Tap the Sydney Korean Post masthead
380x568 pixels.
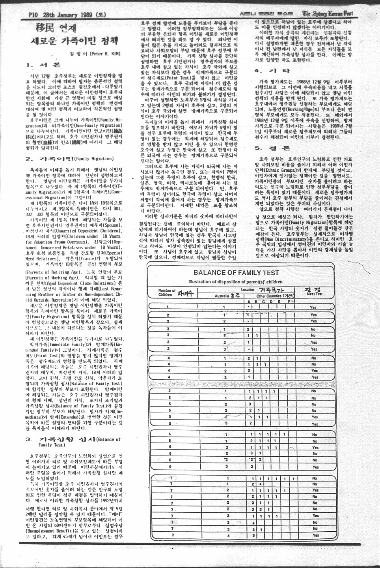pyautogui.click(x=327, y=14)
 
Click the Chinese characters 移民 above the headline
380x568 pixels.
pyautogui.click(x=46, y=28)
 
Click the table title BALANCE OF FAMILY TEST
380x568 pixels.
pyautogui.click(x=236, y=272)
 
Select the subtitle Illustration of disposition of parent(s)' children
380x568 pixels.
pyautogui.click(x=235, y=281)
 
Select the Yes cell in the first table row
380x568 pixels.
pyautogui.click(x=313, y=307)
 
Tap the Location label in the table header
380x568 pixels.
pyautogui.click(x=248, y=290)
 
